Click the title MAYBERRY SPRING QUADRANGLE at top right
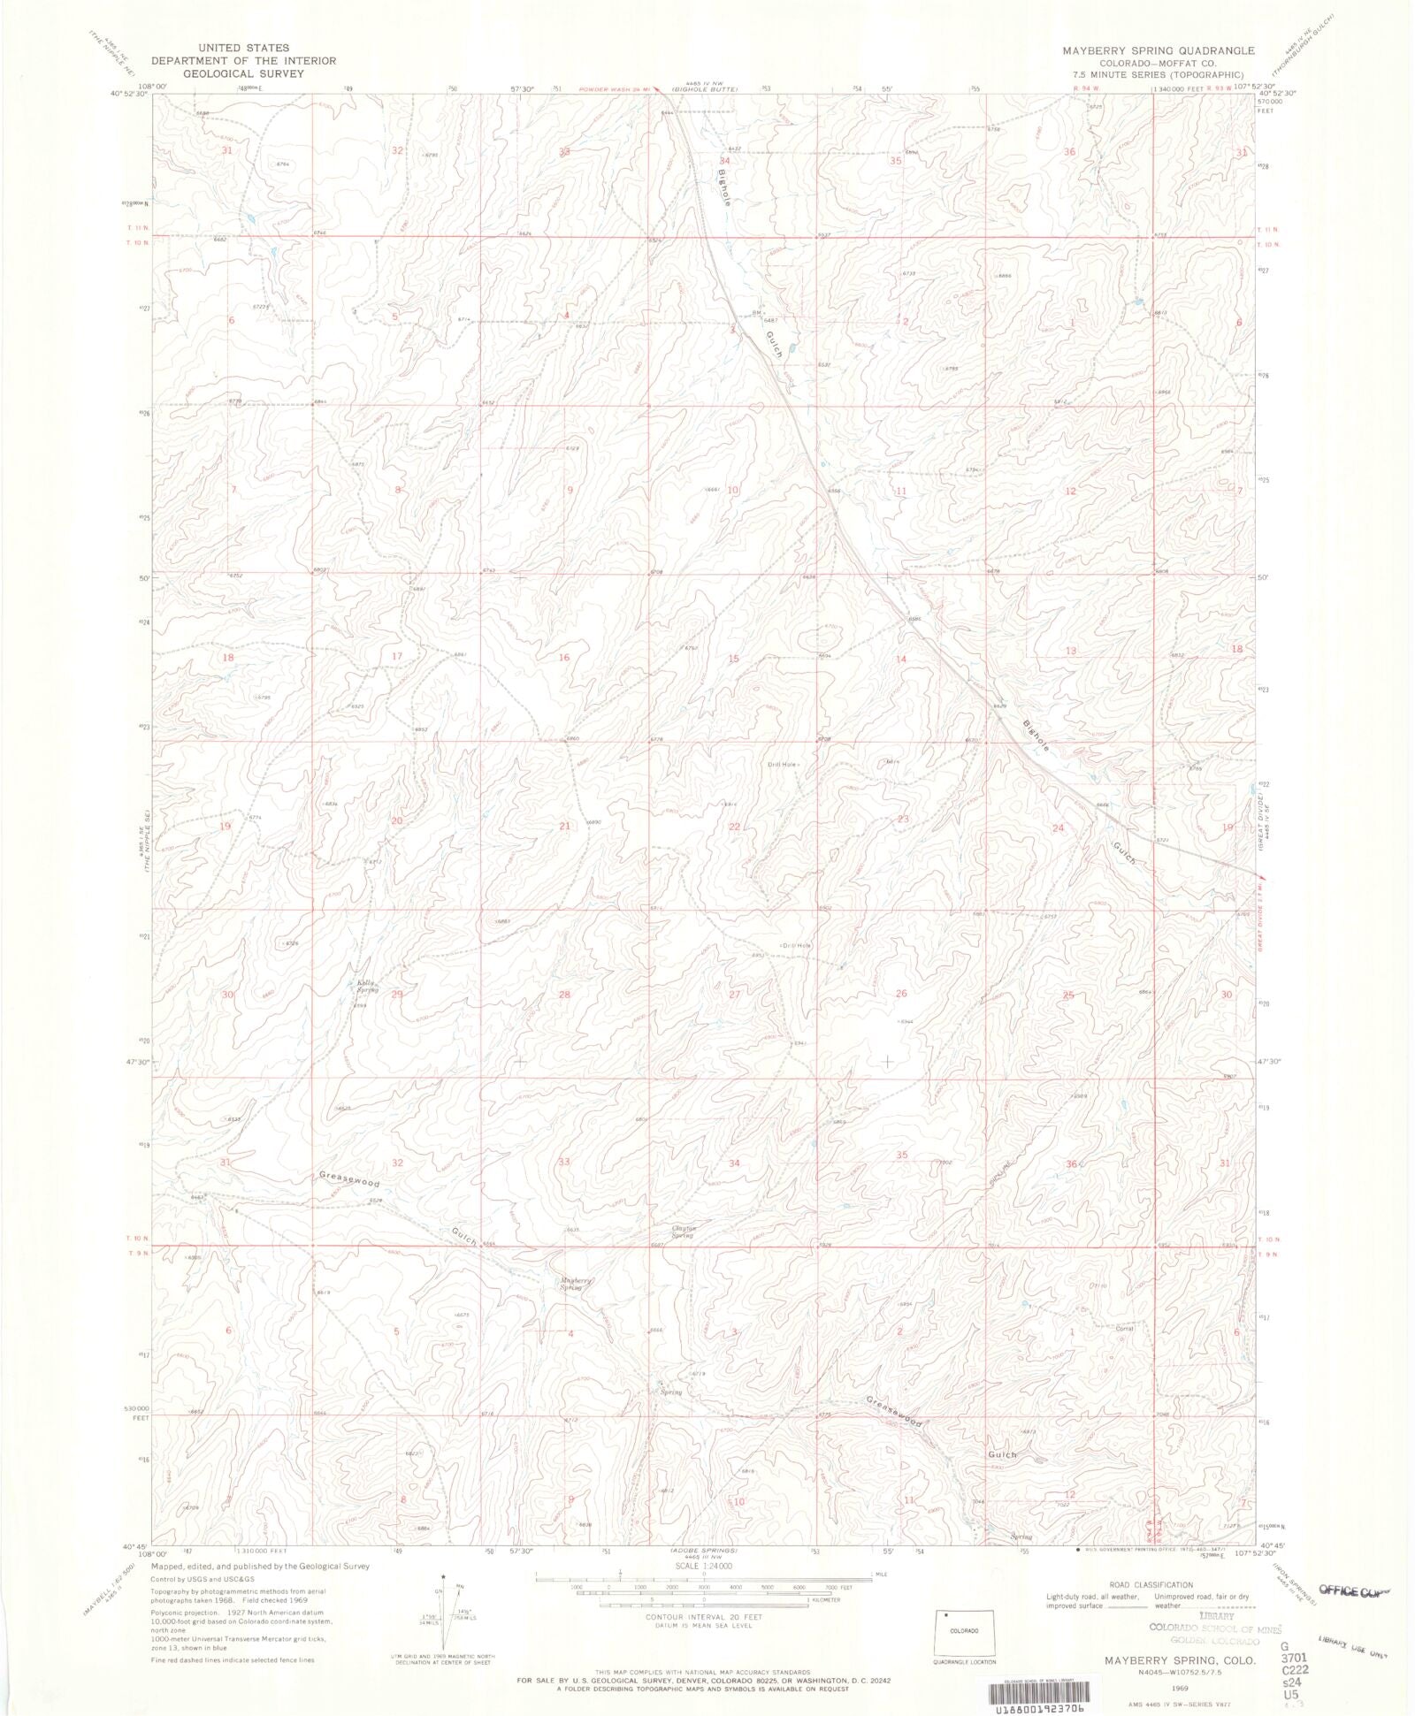[x=1158, y=50]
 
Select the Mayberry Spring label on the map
[x=575, y=1284]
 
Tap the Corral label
[x=1124, y=1329]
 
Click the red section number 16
[x=564, y=658]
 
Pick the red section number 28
[x=564, y=995]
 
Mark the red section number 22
[x=734, y=827]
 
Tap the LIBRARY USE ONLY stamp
[x=1352, y=1646]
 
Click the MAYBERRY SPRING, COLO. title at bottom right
[x=1180, y=1660]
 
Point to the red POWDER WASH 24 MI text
[x=615, y=89]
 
